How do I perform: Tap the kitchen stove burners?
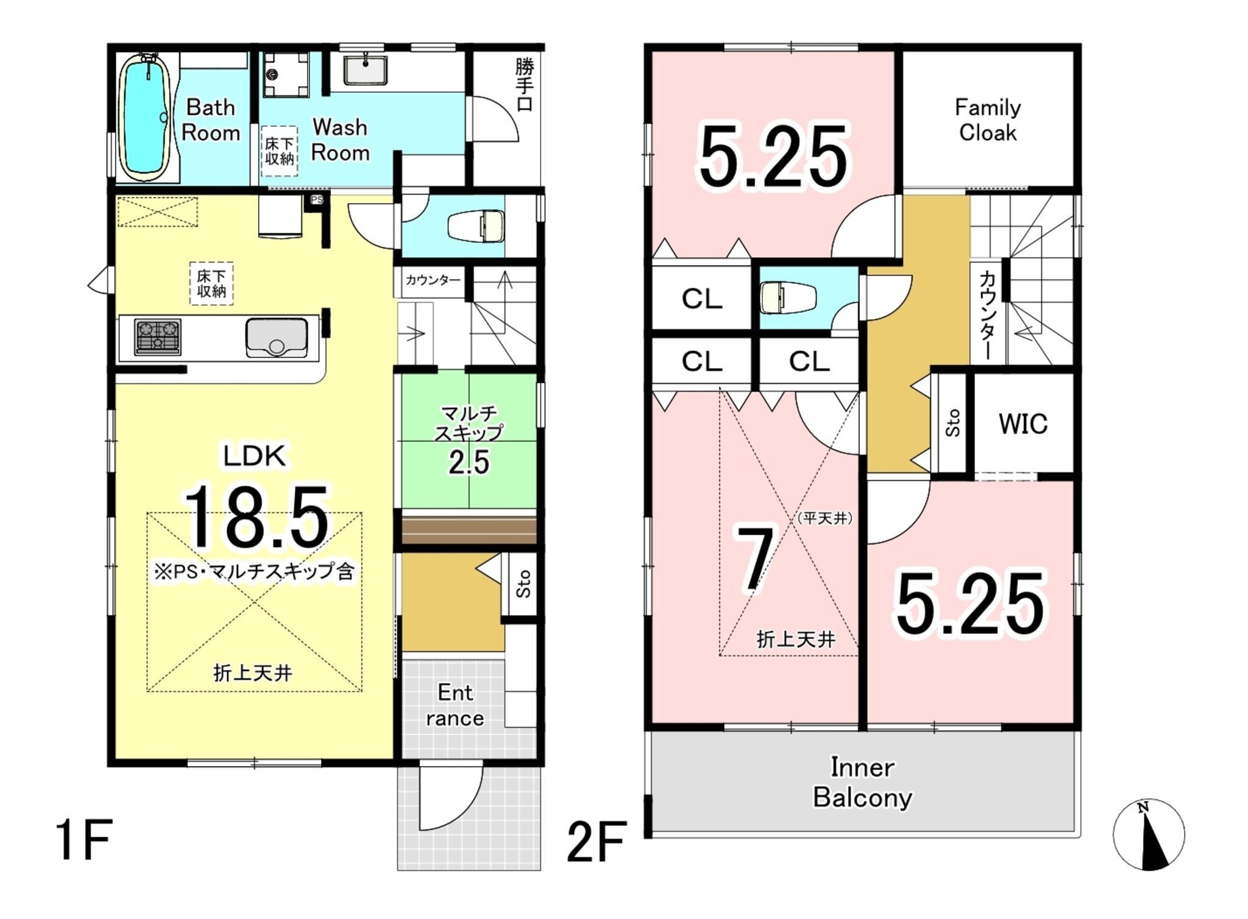[158, 336]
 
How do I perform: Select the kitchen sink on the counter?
[277, 337]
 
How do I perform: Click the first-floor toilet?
[477, 227]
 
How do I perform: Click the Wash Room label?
[340, 140]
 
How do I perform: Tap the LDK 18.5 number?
[257, 516]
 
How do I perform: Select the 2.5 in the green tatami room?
[469, 463]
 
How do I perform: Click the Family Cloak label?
[988, 120]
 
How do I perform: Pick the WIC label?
[1023, 424]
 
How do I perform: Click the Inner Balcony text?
[862, 782]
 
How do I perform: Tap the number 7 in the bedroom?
[756, 559]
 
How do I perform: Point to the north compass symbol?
[1149, 834]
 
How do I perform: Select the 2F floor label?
[597, 842]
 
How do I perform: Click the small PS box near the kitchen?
[316, 200]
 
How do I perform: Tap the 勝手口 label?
[524, 85]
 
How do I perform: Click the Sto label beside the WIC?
[953, 422]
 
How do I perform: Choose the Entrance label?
[455, 705]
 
